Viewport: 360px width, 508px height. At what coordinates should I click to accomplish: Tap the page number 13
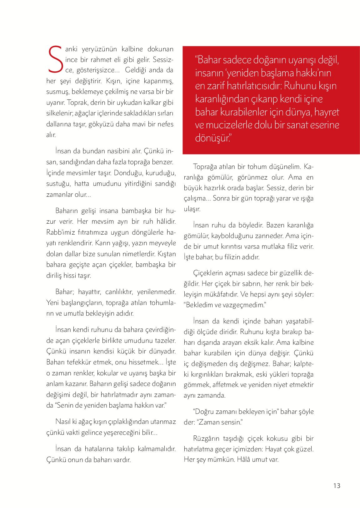(x=337, y=485)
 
